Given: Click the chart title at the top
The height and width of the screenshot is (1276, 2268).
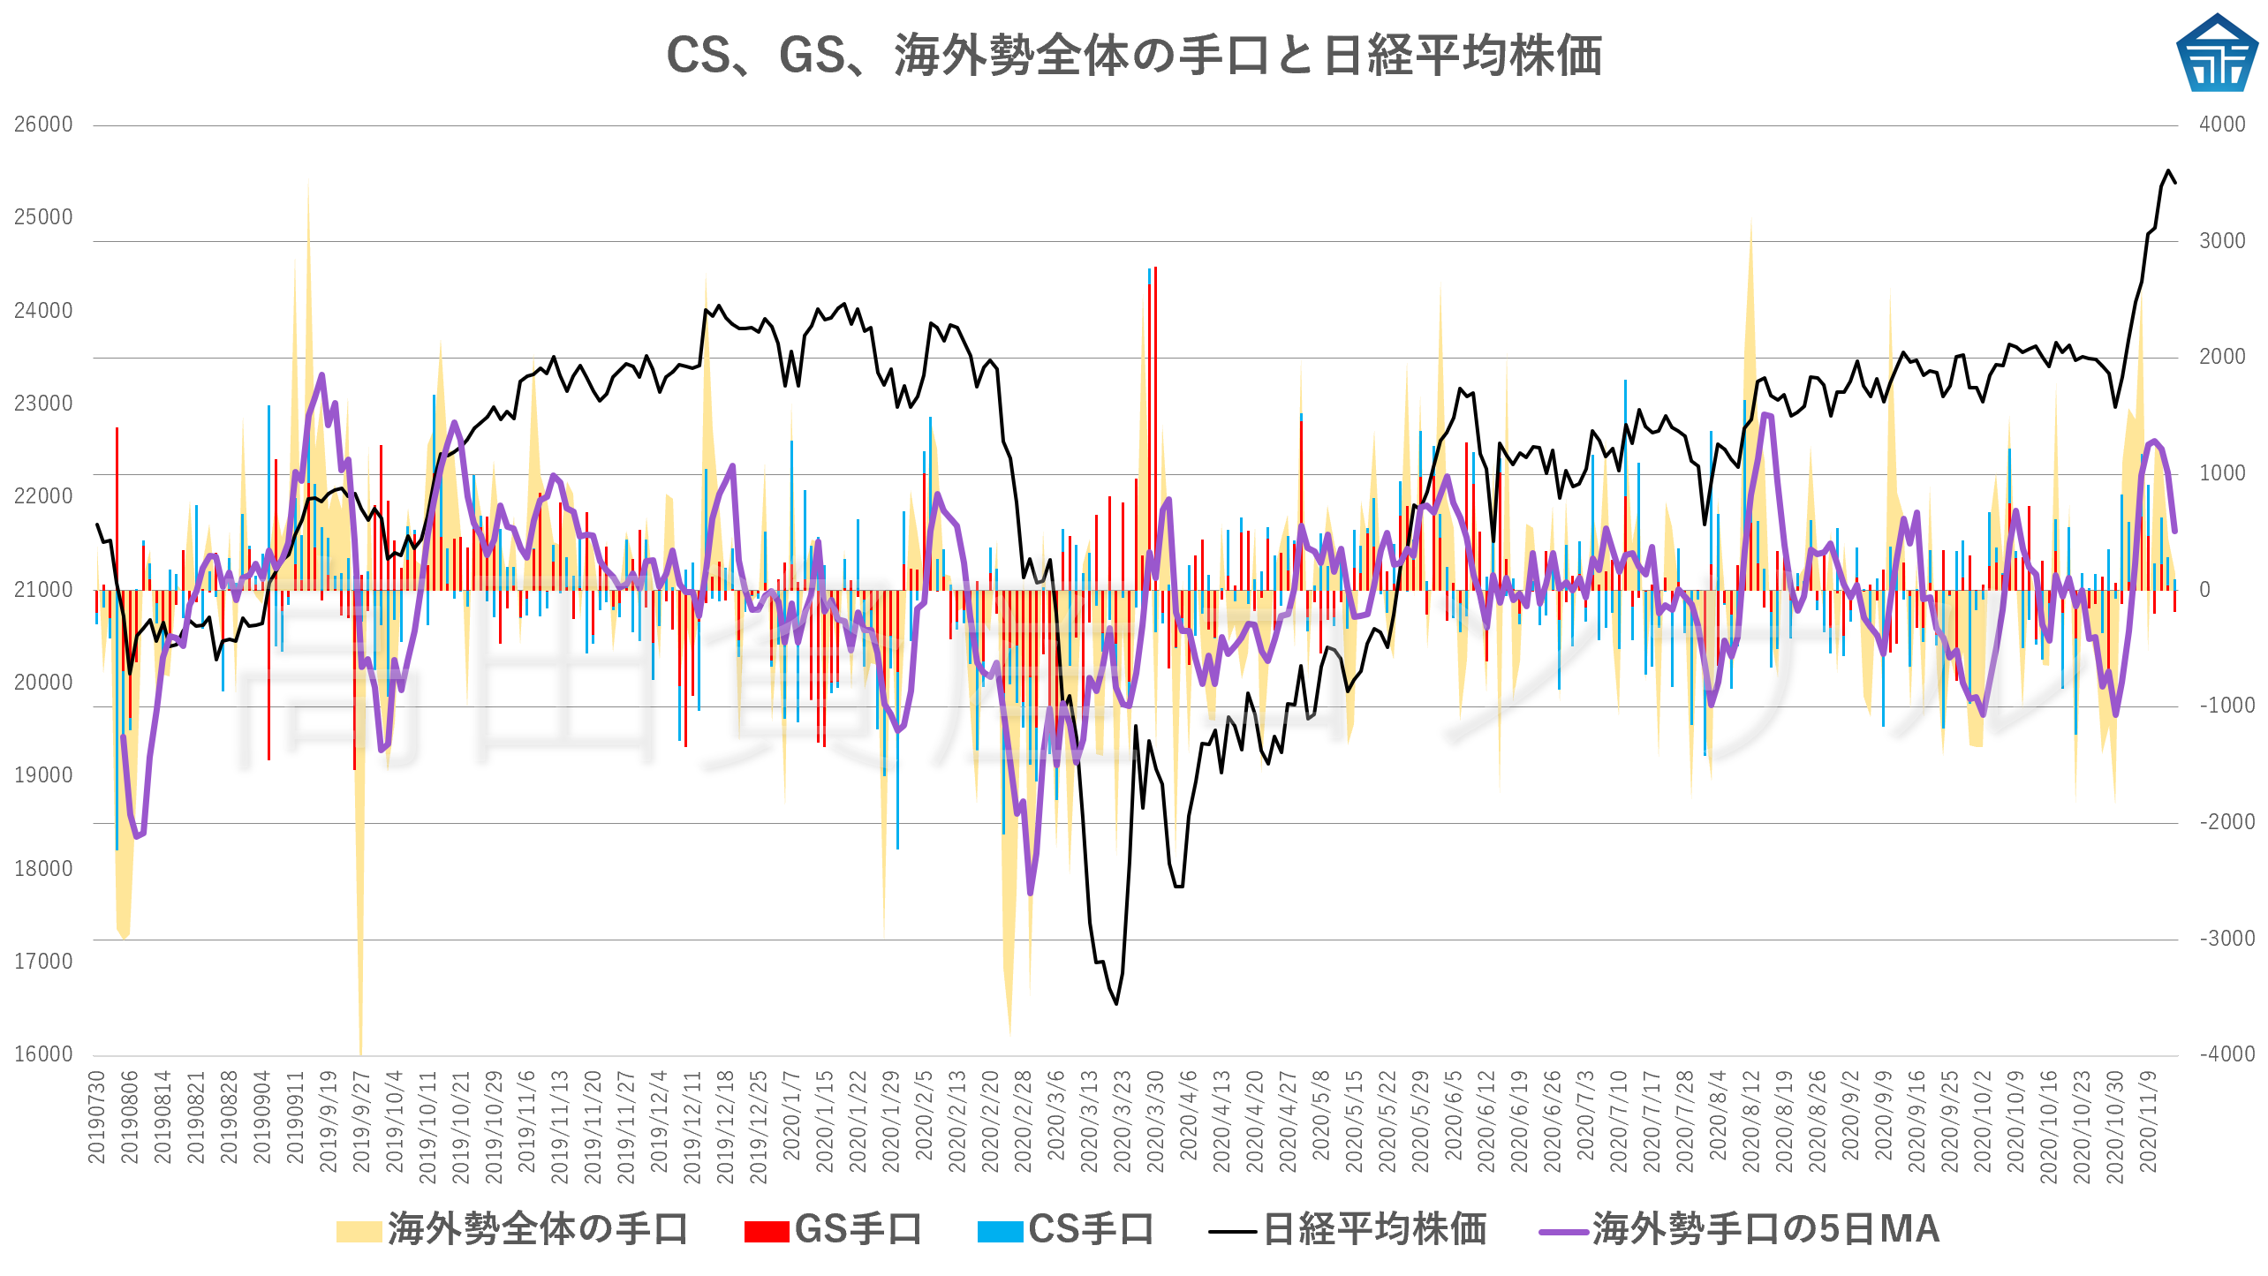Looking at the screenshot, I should pyautogui.click(x=1133, y=55).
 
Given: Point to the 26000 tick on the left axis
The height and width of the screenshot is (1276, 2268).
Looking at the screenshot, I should pyautogui.click(x=43, y=125).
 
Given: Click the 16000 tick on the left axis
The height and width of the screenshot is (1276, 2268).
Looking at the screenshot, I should pyautogui.click(x=43, y=1054).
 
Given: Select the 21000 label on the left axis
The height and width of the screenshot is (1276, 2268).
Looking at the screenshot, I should pyautogui.click(x=43, y=590).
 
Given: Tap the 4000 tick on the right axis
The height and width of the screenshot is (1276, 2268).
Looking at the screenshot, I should pyautogui.click(x=2222, y=125).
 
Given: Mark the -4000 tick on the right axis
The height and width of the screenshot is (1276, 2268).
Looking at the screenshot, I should pyautogui.click(x=2226, y=1054).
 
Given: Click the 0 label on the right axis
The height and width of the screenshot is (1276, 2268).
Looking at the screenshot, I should pyautogui.click(x=2204, y=590).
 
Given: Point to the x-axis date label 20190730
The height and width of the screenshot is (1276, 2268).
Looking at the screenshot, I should pyautogui.click(x=96, y=1116).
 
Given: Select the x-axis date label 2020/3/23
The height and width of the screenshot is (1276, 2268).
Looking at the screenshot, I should pyautogui.click(x=1123, y=1121).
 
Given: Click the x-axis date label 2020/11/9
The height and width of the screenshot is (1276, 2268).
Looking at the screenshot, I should pyautogui.click(x=2149, y=1121).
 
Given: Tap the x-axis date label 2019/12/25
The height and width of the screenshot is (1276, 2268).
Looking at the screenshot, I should pyautogui.click(x=759, y=1126).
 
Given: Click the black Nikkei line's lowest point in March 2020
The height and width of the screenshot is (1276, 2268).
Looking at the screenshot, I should pyautogui.click(x=1116, y=1004).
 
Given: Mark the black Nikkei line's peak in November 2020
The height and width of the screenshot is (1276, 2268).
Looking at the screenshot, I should pyautogui.click(x=2168, y=170).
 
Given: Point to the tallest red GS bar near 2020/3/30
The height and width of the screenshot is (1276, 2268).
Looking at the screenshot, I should pyautogui.click(x=1155, y=268).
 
